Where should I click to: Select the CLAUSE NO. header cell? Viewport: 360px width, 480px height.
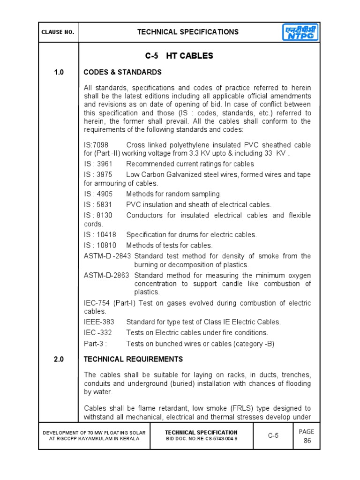click(x=58, y=32)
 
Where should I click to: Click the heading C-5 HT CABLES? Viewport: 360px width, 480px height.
click(x=179, y=56)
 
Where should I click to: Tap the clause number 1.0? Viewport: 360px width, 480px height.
click(x=58, y=72)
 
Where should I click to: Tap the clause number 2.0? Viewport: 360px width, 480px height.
click(x=58, y=359)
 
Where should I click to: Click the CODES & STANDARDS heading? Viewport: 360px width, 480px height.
click(x=122, y=72)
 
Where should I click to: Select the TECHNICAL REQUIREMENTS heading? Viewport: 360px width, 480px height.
click(x=133, y=359)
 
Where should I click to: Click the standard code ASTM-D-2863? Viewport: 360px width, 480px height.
click(x=107, y=275)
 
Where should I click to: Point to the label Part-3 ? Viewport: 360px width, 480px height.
click(x=95, y=344)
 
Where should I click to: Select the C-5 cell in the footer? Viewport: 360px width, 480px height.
click(x=273, y=435)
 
